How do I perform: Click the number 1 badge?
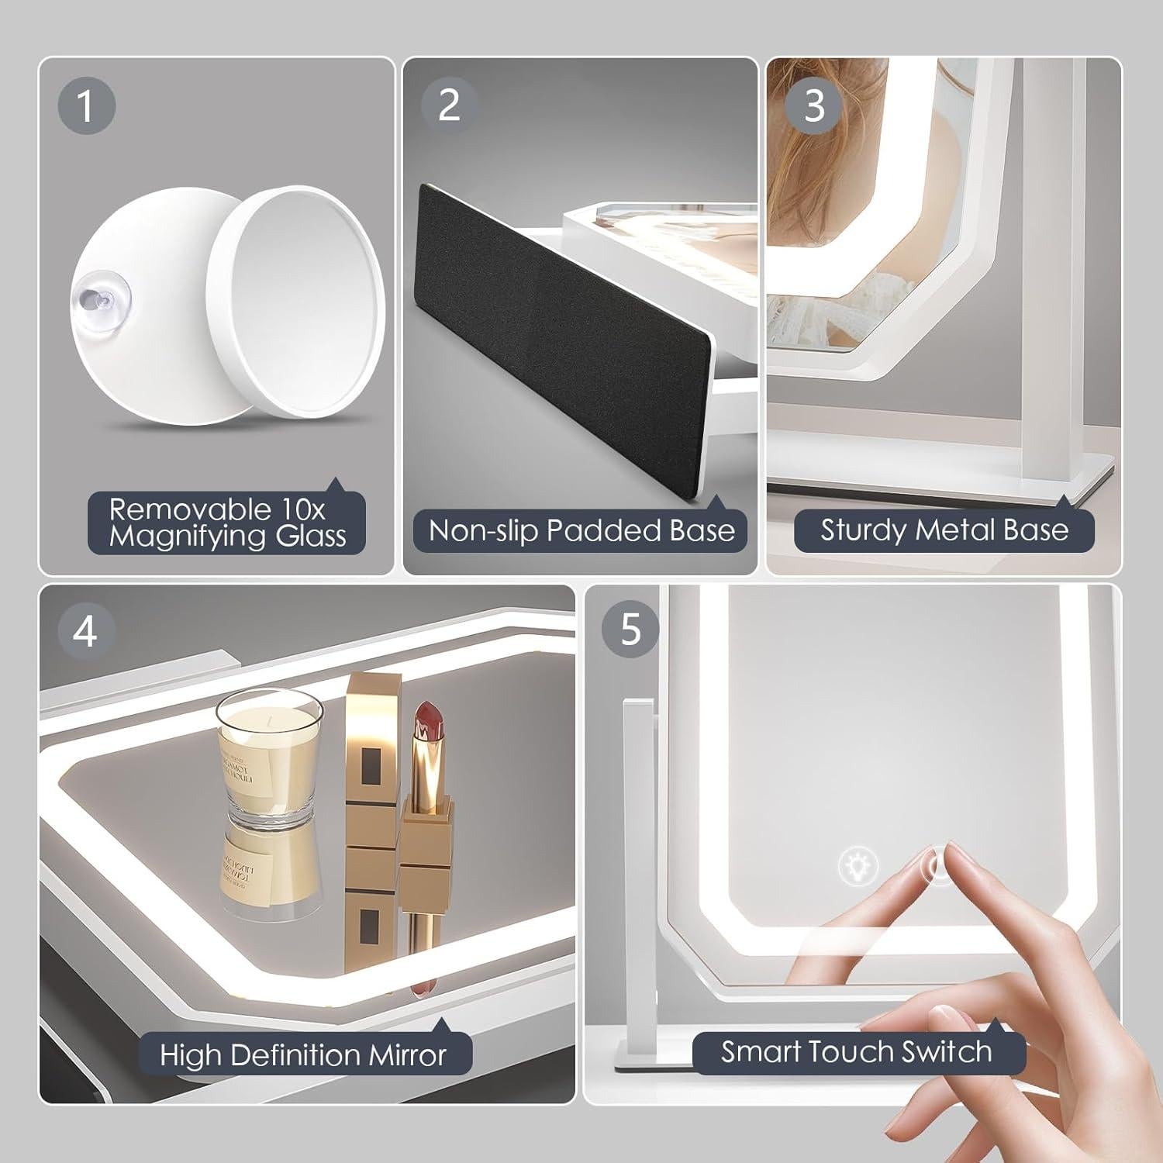pos(86,105)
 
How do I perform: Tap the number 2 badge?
pos(450,105)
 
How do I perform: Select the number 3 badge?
pos(814,105)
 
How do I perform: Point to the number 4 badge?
pos(86,631)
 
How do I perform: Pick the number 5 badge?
pos(631,630)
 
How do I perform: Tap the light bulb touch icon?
pos(858,864)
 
